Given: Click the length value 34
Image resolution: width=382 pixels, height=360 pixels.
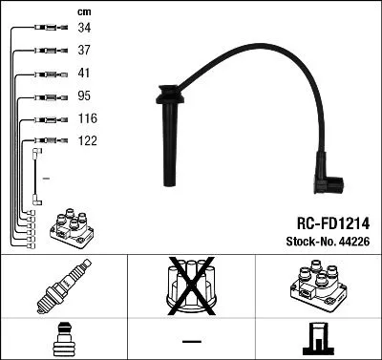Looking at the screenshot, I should (x=84, y=28).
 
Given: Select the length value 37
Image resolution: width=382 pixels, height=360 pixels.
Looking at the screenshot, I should (x=84, y=50).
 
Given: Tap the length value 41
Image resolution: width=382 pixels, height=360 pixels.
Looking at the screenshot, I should (x=84, y=73).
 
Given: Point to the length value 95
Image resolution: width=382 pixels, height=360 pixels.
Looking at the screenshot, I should (x=84, y=95).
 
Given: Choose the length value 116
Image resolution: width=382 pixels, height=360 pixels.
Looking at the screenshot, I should (x=87, y=118).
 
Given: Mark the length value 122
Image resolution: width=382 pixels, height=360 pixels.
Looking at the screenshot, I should (x=87, y=140).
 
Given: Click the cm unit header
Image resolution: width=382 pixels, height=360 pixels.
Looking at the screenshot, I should (x=84, y=11).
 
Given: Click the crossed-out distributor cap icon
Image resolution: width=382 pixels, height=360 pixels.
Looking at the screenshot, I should (x=190, y=287).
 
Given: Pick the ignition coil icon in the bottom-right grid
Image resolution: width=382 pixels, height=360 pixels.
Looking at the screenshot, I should (x=317, y=287).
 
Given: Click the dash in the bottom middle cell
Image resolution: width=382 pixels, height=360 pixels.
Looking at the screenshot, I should (x=190, y=340).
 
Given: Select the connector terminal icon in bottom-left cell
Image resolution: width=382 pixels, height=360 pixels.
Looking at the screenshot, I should (x=63, y=338).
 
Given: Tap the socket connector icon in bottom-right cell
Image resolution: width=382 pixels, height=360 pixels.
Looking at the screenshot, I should (x=317, y=338).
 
